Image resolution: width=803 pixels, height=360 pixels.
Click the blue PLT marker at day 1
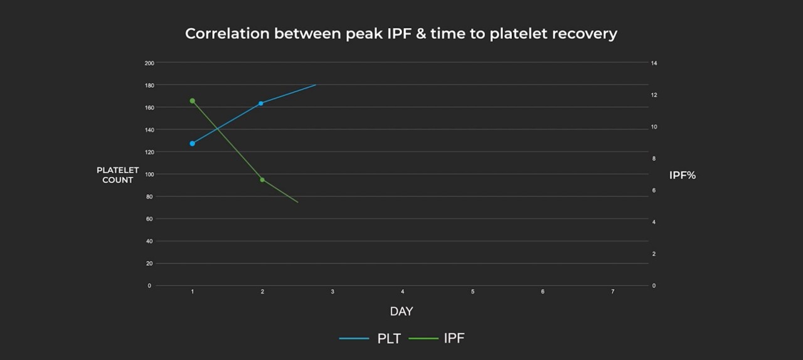point(192,144)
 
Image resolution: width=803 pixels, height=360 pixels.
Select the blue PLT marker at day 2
point(261,103)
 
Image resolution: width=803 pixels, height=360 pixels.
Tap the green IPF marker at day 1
point(192,101)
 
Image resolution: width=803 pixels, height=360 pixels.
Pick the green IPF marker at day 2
point(262,180)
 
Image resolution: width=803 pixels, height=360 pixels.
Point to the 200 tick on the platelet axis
point(149,63)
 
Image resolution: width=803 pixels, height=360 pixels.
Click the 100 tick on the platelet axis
point(149,174)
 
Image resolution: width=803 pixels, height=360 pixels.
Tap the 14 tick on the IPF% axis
point(654,63)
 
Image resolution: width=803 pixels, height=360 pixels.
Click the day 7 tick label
point(612,292)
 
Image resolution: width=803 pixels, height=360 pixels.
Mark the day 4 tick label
point(402,292)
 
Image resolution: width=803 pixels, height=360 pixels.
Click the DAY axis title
point(401,312)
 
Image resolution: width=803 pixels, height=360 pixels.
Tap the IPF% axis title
point(683,176)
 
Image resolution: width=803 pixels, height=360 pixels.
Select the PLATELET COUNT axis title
point(118,175)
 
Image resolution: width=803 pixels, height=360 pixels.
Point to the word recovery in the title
point(584,34)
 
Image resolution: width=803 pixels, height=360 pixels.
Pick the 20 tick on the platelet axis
point(149,263)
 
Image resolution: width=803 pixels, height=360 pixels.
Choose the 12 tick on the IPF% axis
point(654,95)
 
